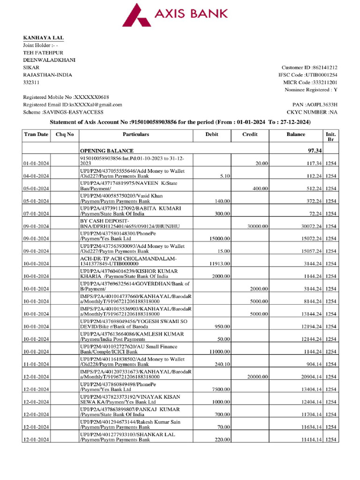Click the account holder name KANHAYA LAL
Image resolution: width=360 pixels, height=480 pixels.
[44, 37]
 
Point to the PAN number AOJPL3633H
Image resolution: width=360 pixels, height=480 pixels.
[322, 105]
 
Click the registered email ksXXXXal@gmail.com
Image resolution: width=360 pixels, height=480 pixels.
[96, 105]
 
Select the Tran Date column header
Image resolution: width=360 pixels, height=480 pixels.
[36, 135]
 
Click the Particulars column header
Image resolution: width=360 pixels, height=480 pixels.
[136, 135]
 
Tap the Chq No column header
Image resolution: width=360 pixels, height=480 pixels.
[65, 135]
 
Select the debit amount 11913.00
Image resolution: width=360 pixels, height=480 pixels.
[219, 264]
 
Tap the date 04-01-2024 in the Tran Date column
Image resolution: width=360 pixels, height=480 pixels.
[36, 176]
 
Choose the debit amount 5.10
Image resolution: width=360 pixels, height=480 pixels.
[223, 176]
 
